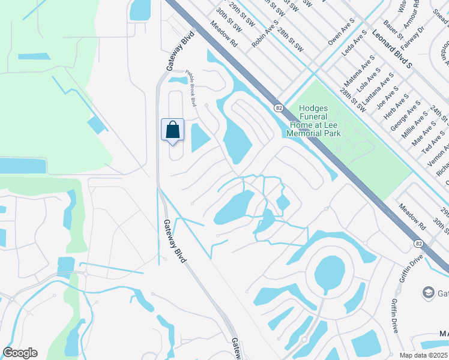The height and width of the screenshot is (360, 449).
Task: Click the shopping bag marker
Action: (172, 130)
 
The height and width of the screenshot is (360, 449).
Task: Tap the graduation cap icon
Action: (429, 292)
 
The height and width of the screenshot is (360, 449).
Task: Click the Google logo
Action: (20, 353)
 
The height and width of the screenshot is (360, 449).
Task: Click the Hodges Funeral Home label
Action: (313, 121)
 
